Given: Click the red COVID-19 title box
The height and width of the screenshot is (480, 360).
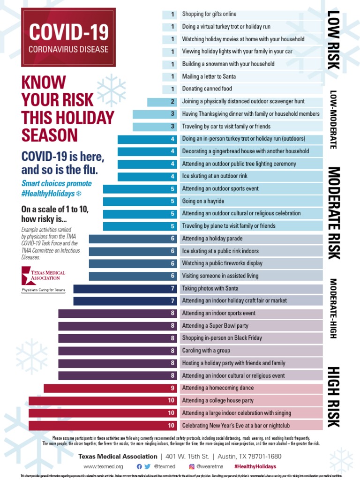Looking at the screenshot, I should [68, 37].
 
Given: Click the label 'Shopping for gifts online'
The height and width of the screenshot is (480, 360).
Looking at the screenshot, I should [209, 14].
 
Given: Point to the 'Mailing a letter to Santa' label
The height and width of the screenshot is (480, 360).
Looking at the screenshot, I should [209, 76].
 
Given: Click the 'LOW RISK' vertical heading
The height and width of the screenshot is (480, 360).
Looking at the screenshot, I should [333, 39].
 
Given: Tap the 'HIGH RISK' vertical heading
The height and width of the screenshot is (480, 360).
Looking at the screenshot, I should [333, 397].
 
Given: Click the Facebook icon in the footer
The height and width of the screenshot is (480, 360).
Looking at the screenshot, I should [139, 466].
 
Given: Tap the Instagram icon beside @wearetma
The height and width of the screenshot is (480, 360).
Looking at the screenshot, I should [192, 466].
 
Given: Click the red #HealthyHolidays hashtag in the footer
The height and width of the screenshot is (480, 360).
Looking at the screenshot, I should [255, 466].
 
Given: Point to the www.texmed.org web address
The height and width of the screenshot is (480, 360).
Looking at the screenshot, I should [103, 466].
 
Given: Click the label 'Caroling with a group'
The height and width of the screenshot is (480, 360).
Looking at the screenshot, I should [206, 351].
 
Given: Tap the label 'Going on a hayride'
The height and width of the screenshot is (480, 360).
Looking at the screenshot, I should [203, 201].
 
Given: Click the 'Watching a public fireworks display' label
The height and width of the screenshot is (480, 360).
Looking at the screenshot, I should [222, 263].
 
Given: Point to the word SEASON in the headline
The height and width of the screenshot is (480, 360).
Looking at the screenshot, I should [50, 135].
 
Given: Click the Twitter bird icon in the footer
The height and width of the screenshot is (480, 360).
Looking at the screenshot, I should [148, 466].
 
